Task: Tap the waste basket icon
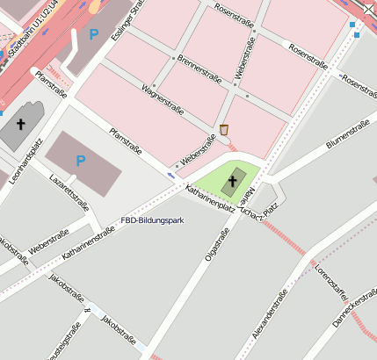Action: (224, 130)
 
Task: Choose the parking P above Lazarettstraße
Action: (81, 160)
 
